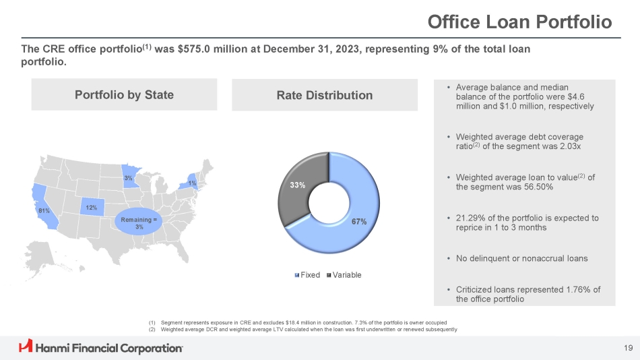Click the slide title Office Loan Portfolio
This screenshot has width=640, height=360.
pyautogui.click(x=519, y=22)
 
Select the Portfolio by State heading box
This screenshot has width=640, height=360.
pyautogui.click(x=124, y=94)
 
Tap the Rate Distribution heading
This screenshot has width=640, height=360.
pyautogui.click(x=324, y=95)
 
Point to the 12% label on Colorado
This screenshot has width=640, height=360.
pyautogui.click(x=91, y=206)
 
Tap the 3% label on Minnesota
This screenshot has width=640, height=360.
pyautogui.click(x=128, y=177)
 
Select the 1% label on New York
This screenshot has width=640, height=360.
pyautogui.click(x=192, y=183)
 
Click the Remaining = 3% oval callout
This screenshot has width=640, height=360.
pyautogui.click(x=139, y=223)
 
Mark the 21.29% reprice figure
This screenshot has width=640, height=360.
pyautogui.click(x=472, y=218)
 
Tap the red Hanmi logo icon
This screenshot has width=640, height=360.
pyautogui.click(x=26, y=347)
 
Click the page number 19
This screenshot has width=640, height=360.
pyautogui.click(x=627, y=348)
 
